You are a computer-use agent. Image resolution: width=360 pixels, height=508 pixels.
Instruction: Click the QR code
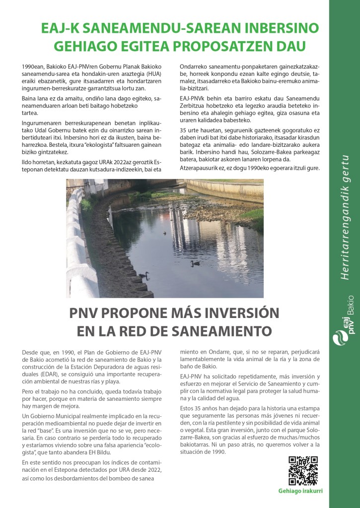303,470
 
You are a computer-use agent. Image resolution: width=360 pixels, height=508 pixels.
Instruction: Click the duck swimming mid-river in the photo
195,263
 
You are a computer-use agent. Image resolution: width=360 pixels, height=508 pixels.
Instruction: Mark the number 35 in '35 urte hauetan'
183,130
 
